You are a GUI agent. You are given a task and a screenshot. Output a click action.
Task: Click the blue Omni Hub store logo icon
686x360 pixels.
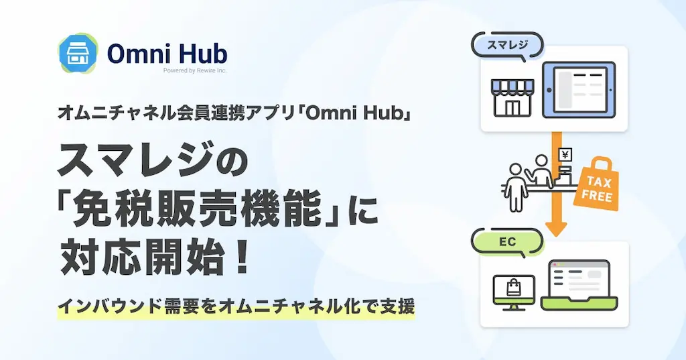[78, 53]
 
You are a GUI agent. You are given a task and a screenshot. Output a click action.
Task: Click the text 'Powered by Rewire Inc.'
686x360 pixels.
[195, 70]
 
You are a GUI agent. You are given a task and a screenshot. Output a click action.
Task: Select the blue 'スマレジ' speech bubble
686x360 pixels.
[508, 45]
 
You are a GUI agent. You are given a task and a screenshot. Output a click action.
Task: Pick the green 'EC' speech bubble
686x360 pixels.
[508, 242]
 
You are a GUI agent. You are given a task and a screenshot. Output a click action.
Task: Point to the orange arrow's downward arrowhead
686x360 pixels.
[556, 228]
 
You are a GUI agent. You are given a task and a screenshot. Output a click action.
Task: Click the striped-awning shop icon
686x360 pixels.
[512, 98]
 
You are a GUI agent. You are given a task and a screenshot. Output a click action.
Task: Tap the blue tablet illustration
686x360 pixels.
[578, 90]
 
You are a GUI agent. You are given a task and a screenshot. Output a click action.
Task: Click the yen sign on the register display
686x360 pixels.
[565, 155]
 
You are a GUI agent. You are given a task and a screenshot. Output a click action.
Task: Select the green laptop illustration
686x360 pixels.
[579, 285]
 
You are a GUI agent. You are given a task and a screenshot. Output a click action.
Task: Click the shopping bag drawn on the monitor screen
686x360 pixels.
[514, 288]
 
